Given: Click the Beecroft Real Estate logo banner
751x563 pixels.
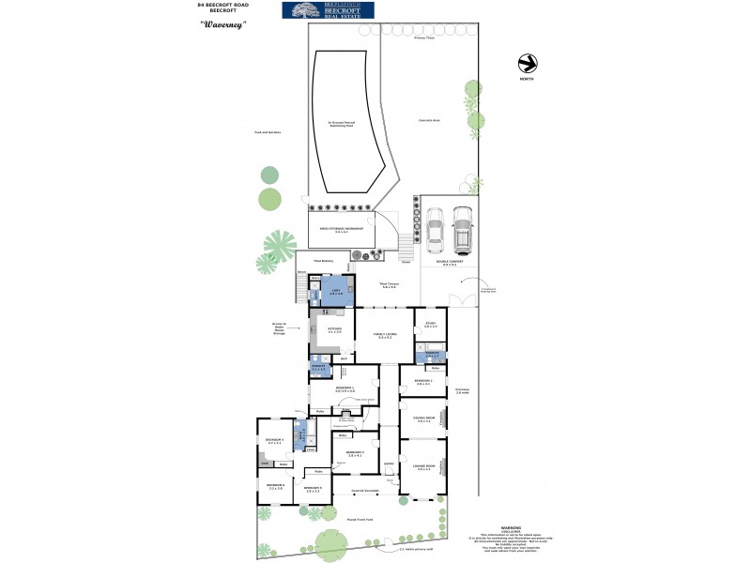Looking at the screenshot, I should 328,10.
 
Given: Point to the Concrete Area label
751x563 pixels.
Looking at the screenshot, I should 430,121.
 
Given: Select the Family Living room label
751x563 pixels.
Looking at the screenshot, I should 385,334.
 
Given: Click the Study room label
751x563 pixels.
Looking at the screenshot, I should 431,325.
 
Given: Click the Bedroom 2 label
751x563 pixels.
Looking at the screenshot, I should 422,382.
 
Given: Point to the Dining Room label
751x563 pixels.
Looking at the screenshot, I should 422,419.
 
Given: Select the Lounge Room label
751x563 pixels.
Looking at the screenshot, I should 422,466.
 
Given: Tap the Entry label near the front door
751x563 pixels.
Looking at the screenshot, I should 388,463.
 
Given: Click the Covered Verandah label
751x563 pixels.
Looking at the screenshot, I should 364,491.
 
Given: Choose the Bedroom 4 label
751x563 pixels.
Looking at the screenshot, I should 274,441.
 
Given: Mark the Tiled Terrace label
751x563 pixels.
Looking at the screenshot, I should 389,284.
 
